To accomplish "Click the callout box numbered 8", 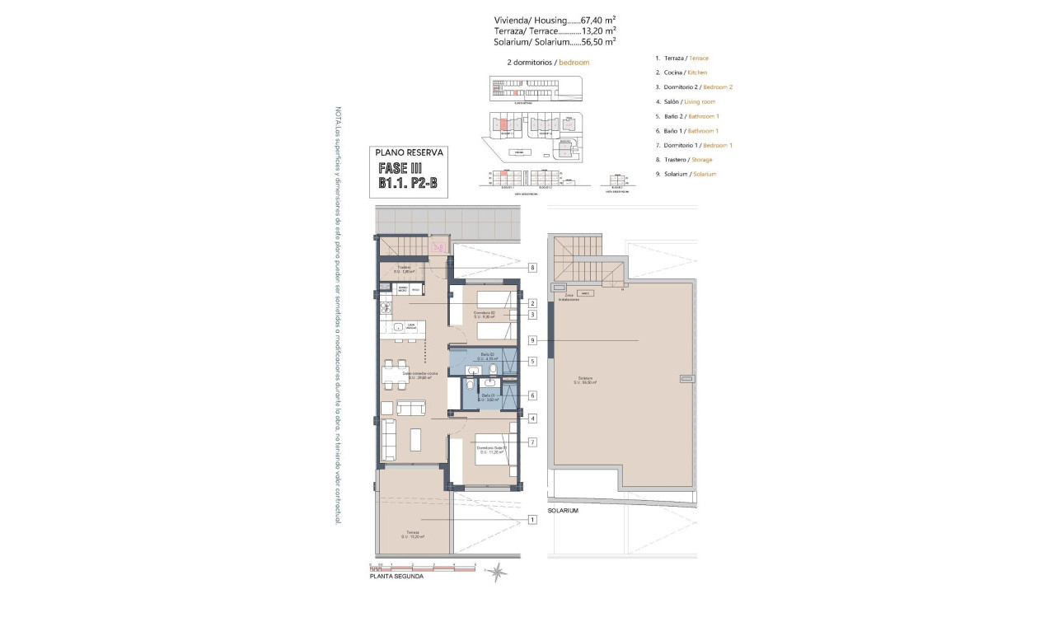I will coord(533,268).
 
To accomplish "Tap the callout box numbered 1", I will coord(533,519).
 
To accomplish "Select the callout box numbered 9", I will coord(533,340).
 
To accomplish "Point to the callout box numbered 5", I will coord(533,361).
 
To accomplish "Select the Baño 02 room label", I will coord(487,357).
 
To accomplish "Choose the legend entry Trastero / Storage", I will coord(683,160).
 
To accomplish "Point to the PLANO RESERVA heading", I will coord(409,152).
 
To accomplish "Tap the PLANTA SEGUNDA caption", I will coord(397,577).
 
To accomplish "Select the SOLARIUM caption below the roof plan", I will coord(564,511).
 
